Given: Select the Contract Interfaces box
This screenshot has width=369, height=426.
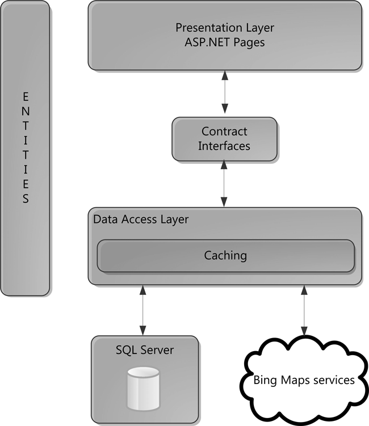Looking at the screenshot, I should click(x=225, y=138).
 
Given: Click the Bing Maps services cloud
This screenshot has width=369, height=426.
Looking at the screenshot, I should click(x=304, y=380).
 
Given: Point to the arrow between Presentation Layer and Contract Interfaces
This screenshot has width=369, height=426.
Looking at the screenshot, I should click(x=225, y=94).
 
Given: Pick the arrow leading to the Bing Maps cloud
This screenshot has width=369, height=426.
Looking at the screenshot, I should click(x=305, y=310).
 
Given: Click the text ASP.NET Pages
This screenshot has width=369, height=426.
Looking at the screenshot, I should click(x=225, y=42).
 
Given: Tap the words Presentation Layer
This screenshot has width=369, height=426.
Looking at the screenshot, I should click(x=225, y=27).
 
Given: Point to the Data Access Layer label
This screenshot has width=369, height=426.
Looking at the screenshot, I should click(x=140, y=219).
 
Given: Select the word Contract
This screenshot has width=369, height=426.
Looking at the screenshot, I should click(x=225, y=132).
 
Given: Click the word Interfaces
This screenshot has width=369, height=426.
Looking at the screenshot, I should click(x=225, y=146).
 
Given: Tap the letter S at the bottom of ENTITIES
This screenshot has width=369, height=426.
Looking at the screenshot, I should click(x=25, y=199).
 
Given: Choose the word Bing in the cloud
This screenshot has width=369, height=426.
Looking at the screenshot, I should click(x=264, y=380).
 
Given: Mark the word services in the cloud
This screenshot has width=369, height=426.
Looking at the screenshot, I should click(x=334, y=380).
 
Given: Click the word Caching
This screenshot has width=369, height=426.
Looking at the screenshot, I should click(x=225, y=255).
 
